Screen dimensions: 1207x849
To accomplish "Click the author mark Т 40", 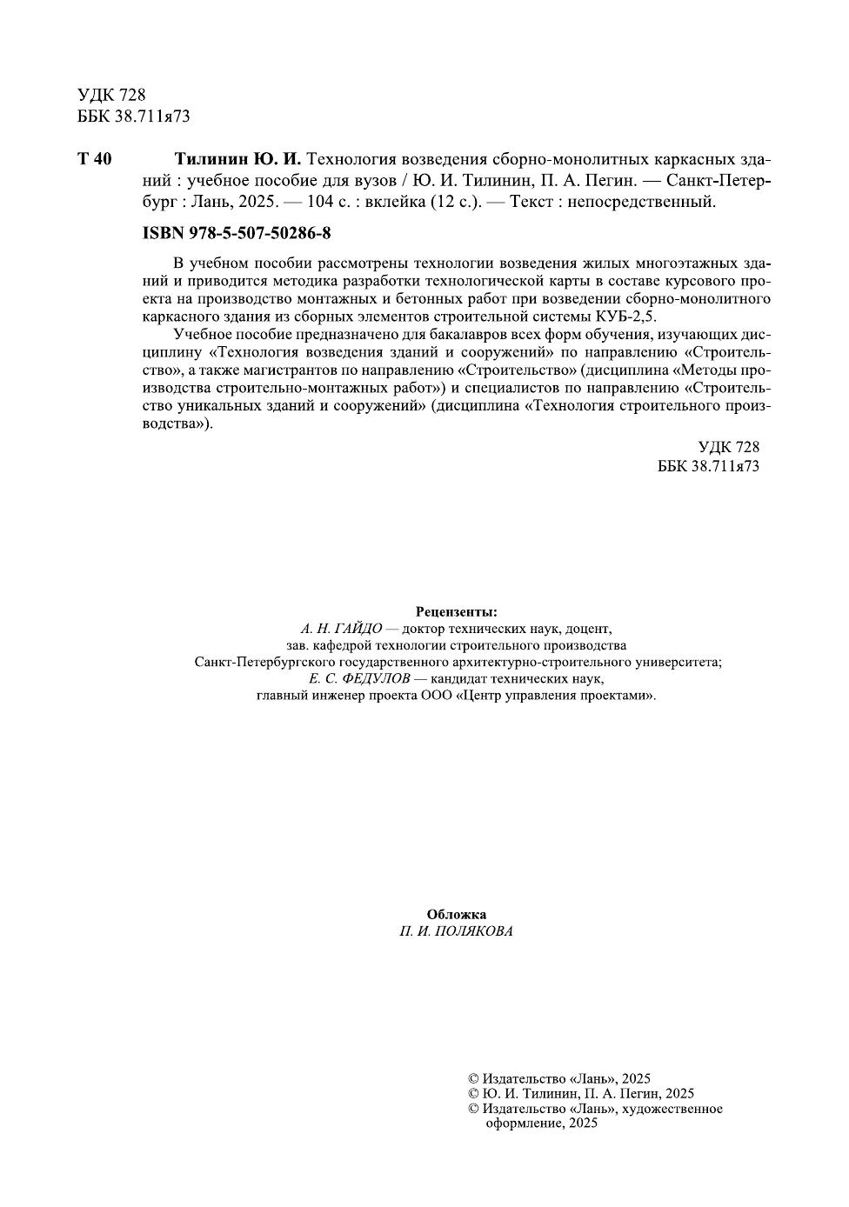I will (x=94, y=159).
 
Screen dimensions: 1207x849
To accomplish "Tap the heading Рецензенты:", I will (x=457, y=611).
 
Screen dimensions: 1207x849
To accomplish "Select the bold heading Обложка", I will (x=457, y=914).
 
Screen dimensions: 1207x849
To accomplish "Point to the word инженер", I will (x=334, y=696).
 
